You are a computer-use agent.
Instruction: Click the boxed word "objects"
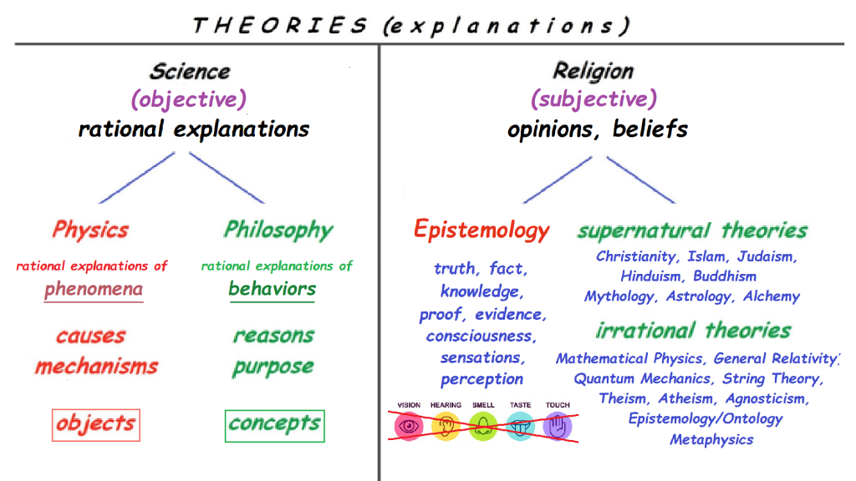96,424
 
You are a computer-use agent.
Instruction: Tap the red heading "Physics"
90,230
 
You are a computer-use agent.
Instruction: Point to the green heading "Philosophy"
278,230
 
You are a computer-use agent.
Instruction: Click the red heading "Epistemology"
481,230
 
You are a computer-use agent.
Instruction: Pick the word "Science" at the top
190,72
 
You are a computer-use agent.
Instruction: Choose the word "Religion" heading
594,72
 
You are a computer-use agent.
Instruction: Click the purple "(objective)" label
189,99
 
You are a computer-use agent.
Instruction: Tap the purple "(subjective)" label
594,99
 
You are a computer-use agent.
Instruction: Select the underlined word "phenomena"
94,289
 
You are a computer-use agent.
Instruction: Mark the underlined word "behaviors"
272,288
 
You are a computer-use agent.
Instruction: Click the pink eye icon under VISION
409,427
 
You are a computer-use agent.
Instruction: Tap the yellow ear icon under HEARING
446,427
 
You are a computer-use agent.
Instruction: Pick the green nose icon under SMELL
483,427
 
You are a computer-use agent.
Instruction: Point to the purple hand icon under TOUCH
558,427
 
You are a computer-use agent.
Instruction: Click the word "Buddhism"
725,276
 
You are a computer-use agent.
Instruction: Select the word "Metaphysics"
711,439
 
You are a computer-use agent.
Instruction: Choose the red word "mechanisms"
97,367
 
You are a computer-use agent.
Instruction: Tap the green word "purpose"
273,367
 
